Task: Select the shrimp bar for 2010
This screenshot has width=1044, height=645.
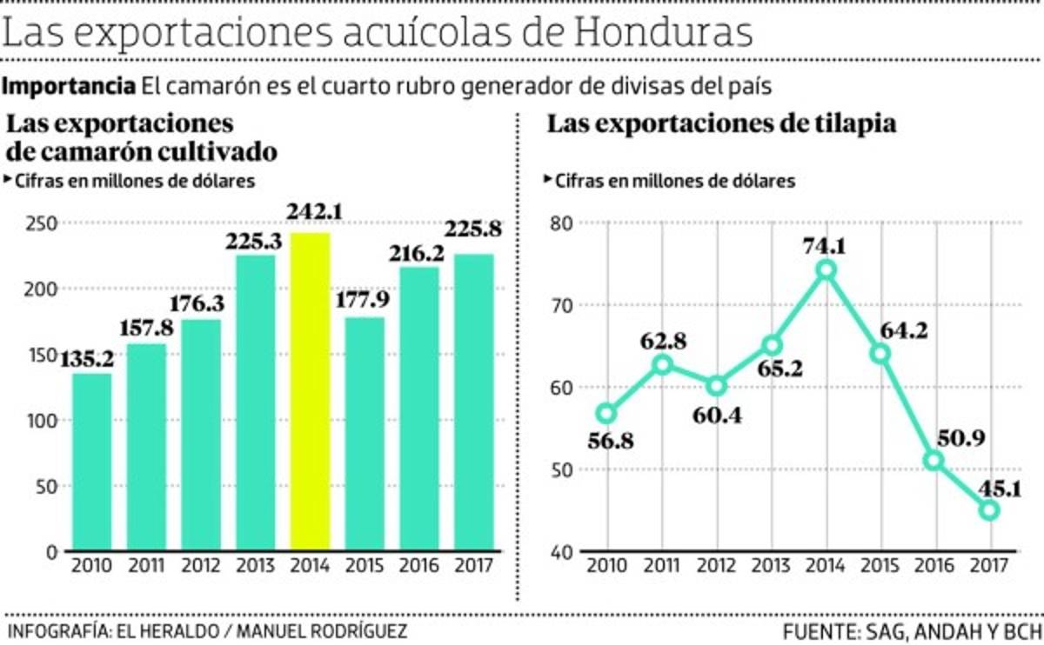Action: [x=91, y=462]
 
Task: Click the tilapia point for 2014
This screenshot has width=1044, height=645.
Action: [x=826, y=270]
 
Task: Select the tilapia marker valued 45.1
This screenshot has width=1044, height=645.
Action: [x=989, y=510]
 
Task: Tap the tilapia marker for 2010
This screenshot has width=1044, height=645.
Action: [x=606, y=414]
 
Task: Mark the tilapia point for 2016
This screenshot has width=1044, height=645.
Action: [x=934, y=461]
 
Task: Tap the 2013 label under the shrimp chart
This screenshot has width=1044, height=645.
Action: [x=255, y=565]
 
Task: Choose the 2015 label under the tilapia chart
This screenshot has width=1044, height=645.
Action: [x=880, y=565]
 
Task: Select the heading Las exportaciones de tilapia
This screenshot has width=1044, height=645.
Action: [x=721, y=124]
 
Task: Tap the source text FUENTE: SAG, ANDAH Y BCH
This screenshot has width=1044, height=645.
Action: [x=911, y=630]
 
